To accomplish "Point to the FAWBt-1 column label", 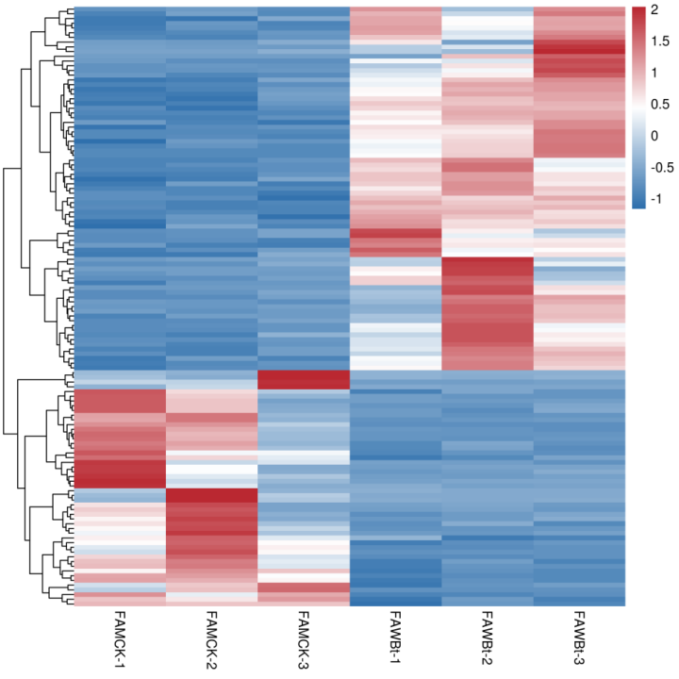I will [x=395, y=638].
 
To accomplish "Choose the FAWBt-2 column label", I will [x=488, y=638].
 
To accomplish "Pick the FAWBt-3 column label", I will [x=579, y=638].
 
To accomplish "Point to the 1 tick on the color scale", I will [x=661, y=73].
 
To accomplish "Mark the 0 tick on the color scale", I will [x=661, y=135].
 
